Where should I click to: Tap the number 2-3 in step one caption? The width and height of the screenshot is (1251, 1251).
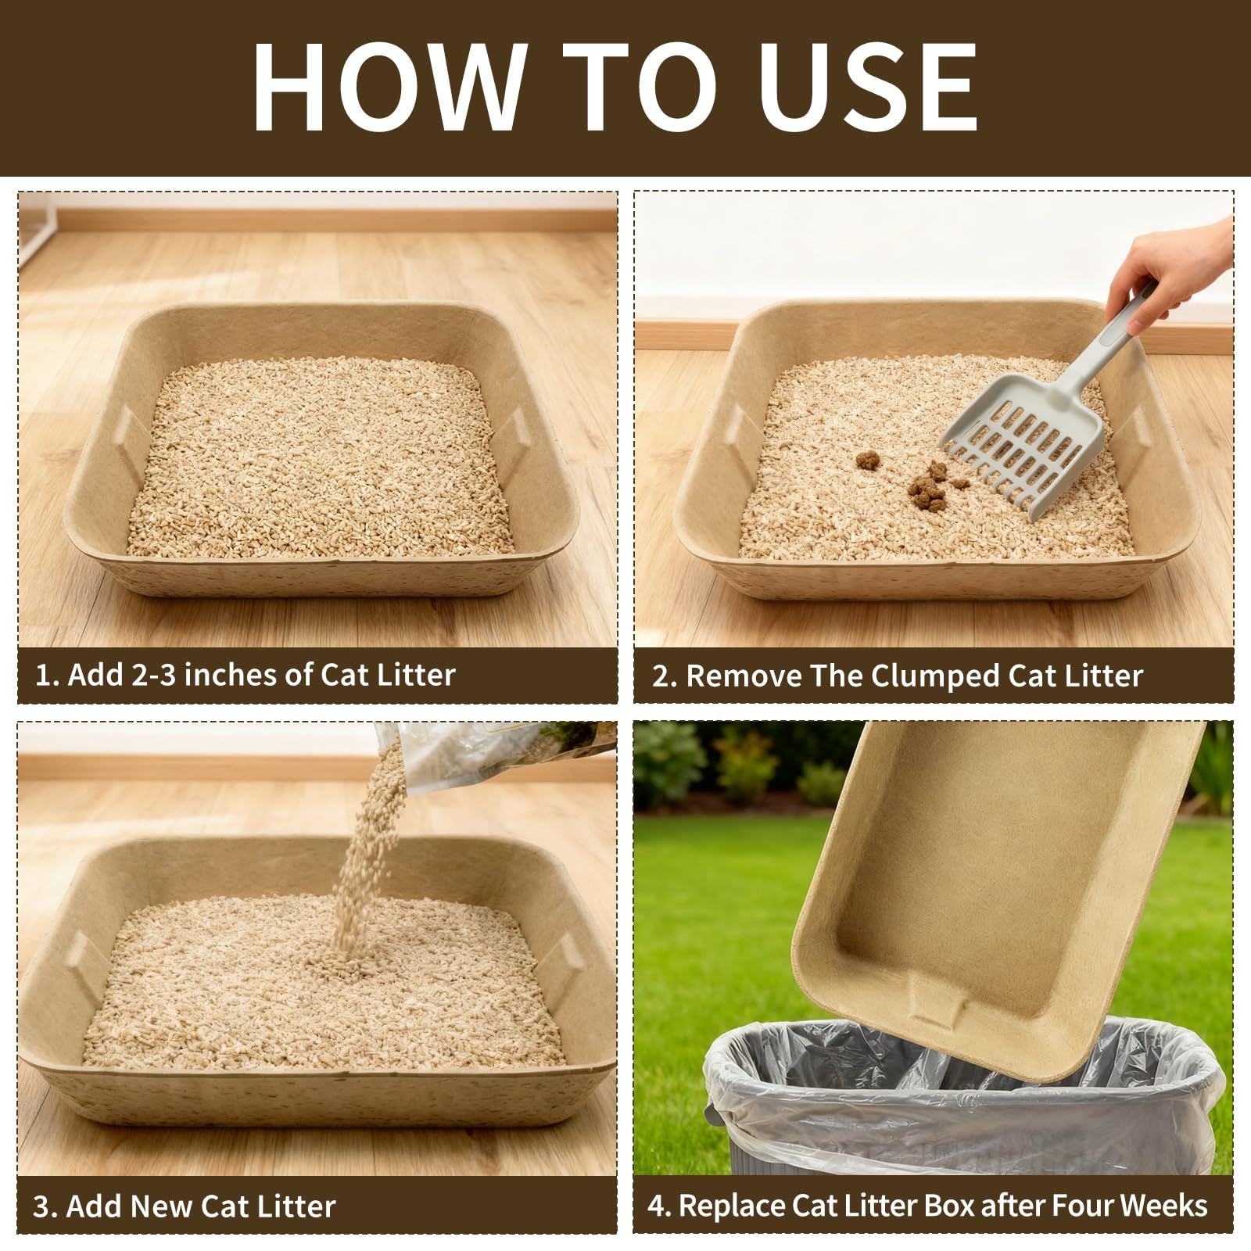[154, 675]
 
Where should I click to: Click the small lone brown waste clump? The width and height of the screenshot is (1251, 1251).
[866, 461]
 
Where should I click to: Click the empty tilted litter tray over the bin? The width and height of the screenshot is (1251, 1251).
[993, 891]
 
